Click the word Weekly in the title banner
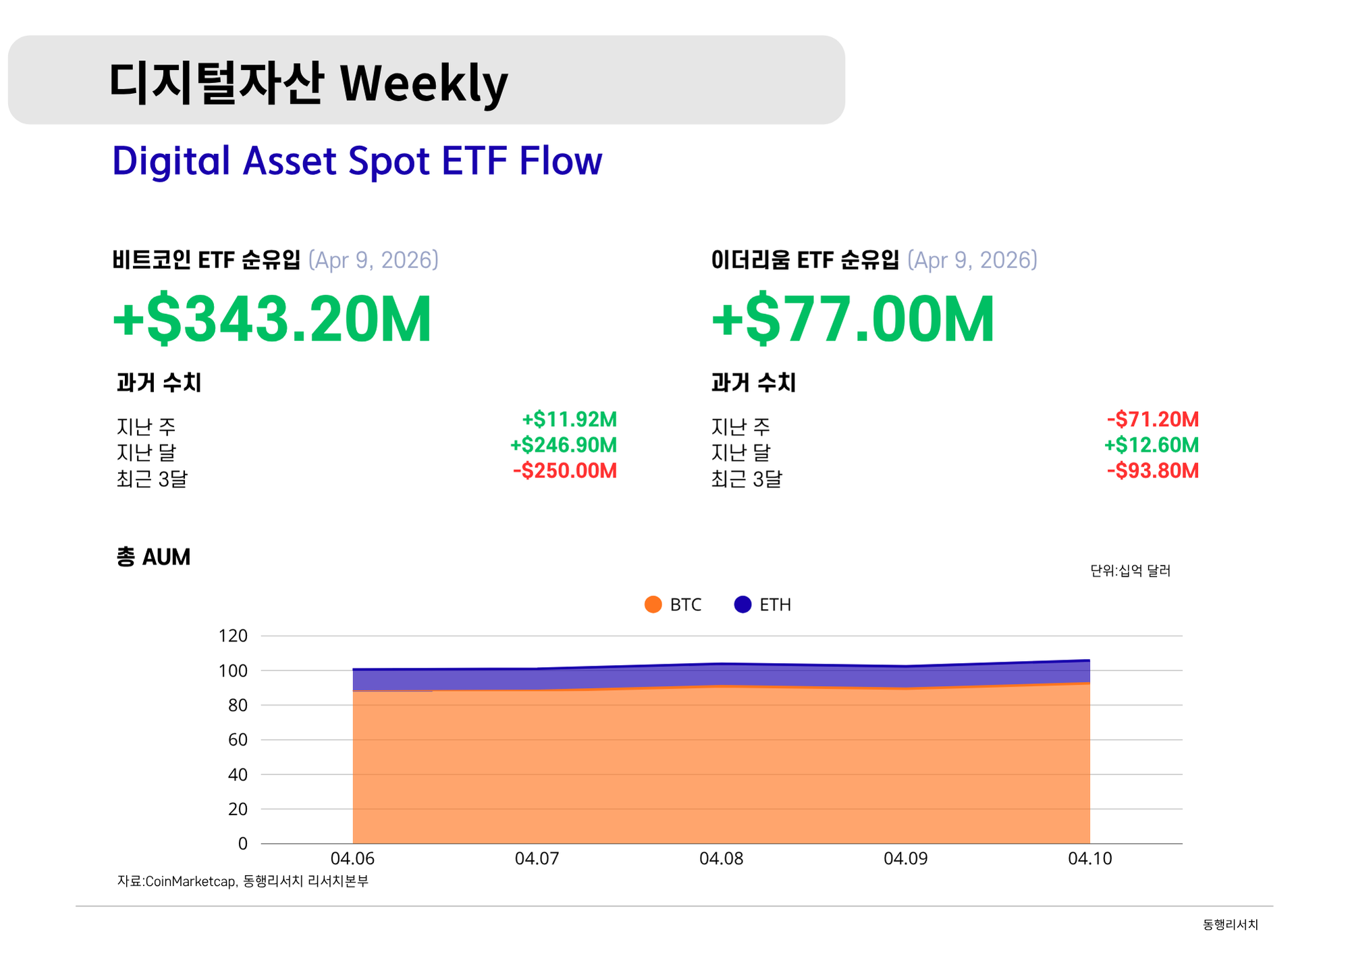pos(423,84)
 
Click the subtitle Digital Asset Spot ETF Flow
pos(357,161)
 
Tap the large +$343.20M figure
pos(272,319)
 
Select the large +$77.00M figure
pos(853,319)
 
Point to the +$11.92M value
pos(569,419)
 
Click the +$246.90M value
pos(563,445)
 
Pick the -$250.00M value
pos(564,471)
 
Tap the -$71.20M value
pos(1152,419)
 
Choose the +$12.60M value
pos(1151,445)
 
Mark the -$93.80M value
pos(1152,471)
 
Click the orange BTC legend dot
pos(653,604)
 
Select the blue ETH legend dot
pos(742,604)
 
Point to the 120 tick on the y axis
pos(233,635)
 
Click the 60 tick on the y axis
pos(238,739)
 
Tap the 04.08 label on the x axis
pos(721,858)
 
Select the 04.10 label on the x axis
pos(1089,858)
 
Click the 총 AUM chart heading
pos(153,557)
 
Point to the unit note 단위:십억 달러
pos(1130,571)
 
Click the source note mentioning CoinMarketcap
pos(243,881)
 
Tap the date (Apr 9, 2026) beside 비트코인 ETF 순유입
pos(373,260)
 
